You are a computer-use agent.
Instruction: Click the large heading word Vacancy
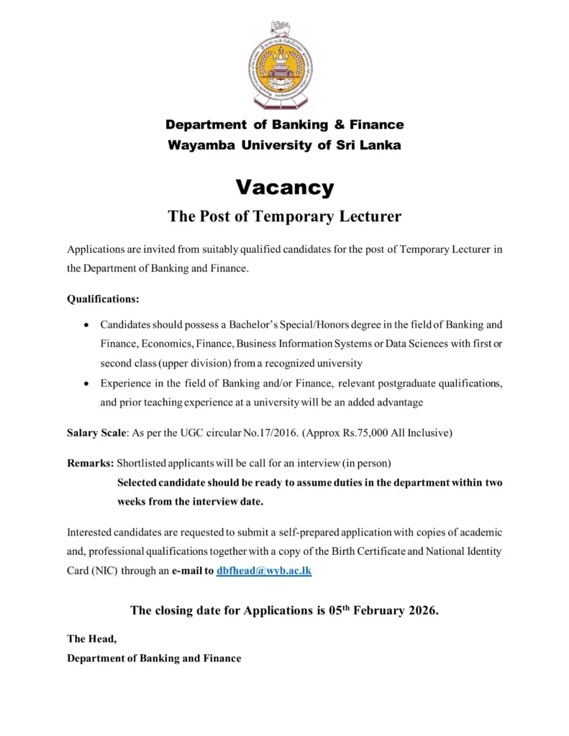click(285, 188)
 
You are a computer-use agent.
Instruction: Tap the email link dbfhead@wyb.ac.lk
click(264, 571)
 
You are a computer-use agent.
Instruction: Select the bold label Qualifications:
click(103, 298)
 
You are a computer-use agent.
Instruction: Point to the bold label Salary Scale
click(97, 433)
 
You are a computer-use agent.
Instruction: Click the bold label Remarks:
click(91, 464)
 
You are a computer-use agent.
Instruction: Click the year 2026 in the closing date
click(421, 611)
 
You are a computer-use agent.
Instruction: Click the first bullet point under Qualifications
click(87, 326)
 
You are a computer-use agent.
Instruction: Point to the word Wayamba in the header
click(201, 145)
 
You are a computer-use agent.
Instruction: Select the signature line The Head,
click(91, 638)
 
